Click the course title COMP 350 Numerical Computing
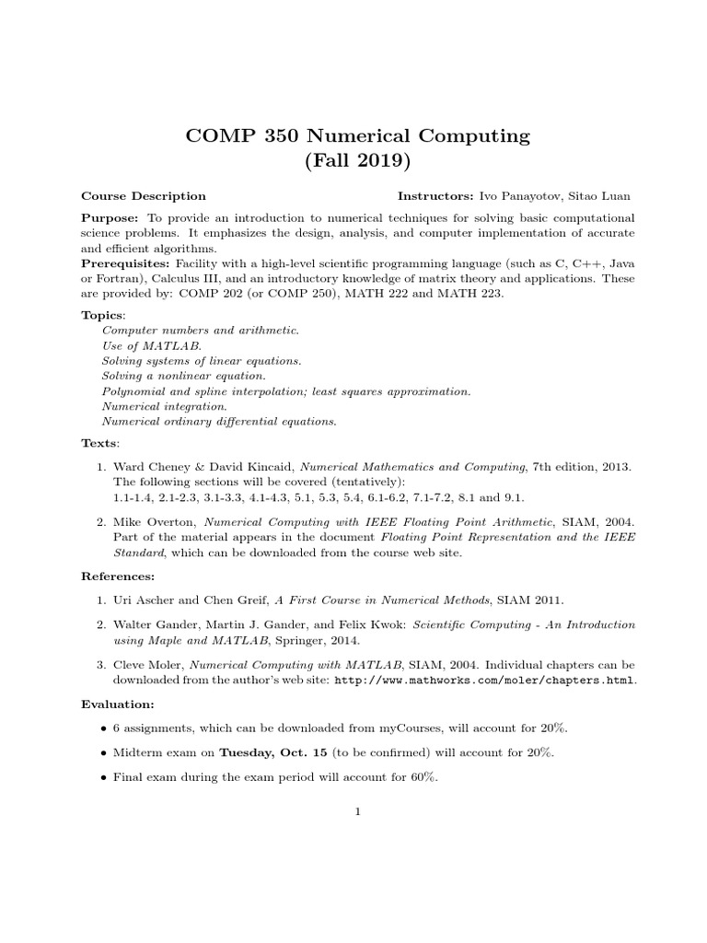pyautogui.click(x=358, y=136)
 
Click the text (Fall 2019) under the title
pyautogui.click(x=358, y=162)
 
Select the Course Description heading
pyautogui.click(x=144, y=196)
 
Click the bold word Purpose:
pyautogui.click(x=110, y=217)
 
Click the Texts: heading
pyautogui.click(x=100, y=443)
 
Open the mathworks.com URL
pyautogui.click(x=484, y=681)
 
